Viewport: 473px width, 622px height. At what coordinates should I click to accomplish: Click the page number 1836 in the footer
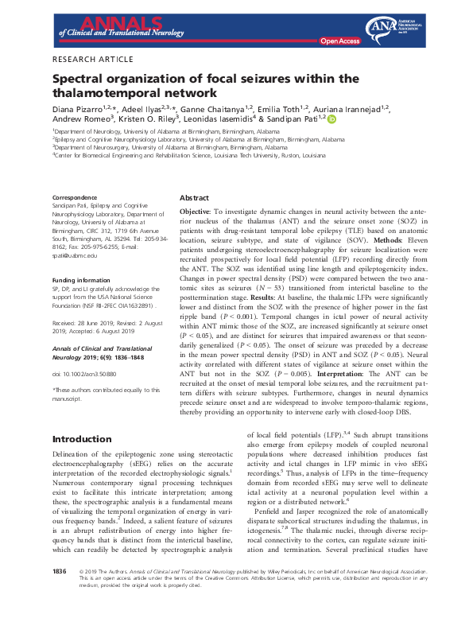click(60, 593)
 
